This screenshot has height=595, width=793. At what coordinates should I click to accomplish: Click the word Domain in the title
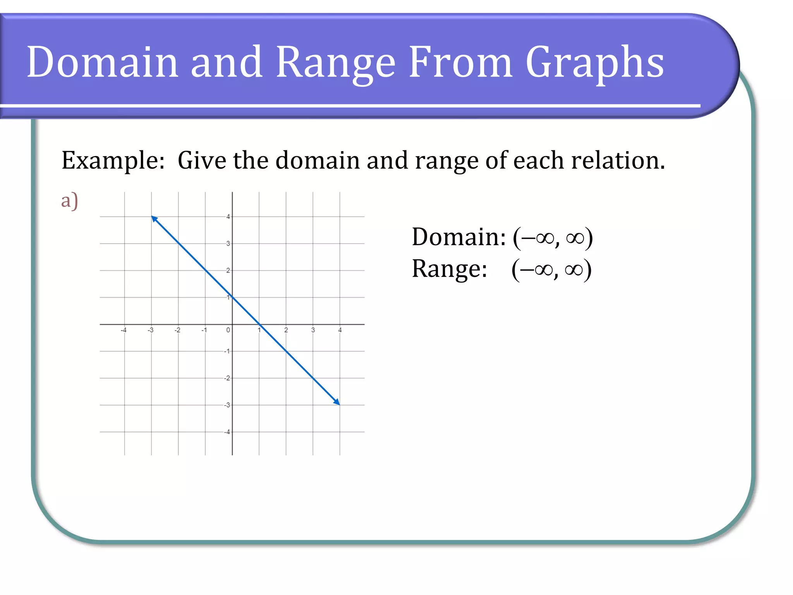pos(102,62)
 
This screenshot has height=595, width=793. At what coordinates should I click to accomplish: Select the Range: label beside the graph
pos(449,269)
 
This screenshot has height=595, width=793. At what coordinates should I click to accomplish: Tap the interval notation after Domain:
pos(553,237)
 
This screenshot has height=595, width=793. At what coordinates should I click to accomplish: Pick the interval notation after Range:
pos(551,270)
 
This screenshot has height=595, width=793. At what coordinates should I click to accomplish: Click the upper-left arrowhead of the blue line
pos(154,219)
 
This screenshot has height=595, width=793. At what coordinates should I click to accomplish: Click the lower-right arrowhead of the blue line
pos(337,402)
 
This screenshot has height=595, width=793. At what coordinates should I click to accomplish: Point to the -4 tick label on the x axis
pos(124,330)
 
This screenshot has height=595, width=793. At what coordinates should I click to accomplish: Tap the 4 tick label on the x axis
pos(340,330)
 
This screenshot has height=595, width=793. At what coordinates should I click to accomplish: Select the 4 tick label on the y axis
pos(228,217)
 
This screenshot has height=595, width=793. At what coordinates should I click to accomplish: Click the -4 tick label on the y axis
pos(227,432)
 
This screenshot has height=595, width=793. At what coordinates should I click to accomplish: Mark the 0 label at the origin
pos(228,330)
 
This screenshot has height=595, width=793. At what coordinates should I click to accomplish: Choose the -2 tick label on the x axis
pos(177,330)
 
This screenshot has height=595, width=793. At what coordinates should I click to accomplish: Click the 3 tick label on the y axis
pos(228,244)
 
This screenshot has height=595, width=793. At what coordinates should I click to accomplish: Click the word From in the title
pos(460,62)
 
